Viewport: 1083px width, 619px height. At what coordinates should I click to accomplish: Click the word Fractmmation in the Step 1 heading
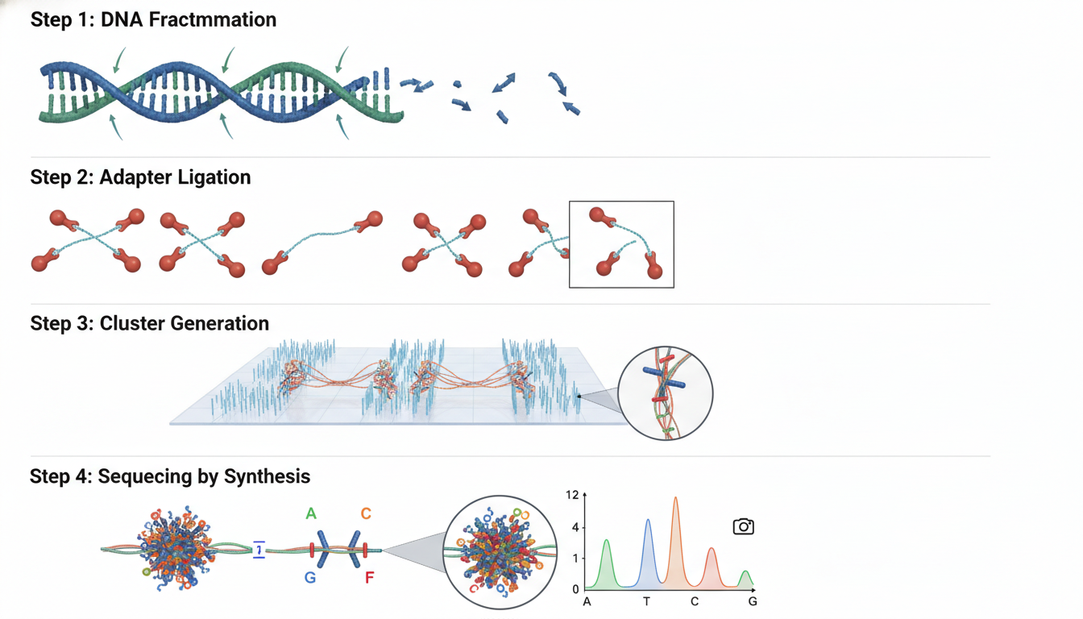213,20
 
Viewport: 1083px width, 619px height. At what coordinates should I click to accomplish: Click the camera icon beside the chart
743,526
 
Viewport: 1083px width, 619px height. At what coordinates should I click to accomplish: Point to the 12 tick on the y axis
572,495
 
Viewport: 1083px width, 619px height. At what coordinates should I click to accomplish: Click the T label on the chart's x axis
646,601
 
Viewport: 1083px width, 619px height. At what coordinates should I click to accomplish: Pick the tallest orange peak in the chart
675,542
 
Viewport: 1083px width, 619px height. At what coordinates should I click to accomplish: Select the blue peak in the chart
648,553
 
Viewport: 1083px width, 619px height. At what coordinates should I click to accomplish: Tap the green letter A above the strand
311,513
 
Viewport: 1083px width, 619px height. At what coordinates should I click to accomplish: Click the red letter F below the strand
369,577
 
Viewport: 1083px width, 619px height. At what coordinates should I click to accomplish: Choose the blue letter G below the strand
310,577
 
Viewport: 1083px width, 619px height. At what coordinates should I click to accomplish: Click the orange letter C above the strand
366,513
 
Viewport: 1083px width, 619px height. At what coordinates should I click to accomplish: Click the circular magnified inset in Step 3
666,393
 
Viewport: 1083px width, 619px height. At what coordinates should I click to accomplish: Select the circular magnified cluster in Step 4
500,552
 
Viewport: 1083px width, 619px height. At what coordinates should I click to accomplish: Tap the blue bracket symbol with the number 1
259,550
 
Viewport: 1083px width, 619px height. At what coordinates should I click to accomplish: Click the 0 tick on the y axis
575,589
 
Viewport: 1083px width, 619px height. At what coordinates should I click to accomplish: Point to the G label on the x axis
753,601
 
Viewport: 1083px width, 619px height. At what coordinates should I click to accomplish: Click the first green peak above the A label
606,564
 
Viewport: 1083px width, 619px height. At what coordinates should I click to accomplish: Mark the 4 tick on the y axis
575,527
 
